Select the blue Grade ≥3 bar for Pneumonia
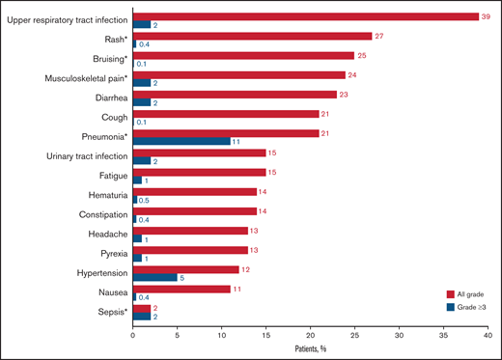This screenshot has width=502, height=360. (181, 141)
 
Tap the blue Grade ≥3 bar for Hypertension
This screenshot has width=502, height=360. (154, 276)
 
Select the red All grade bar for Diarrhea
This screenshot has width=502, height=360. (235, 94)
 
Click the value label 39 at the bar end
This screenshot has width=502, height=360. (488, 16)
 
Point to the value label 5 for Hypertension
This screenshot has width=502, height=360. (183, 276)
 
